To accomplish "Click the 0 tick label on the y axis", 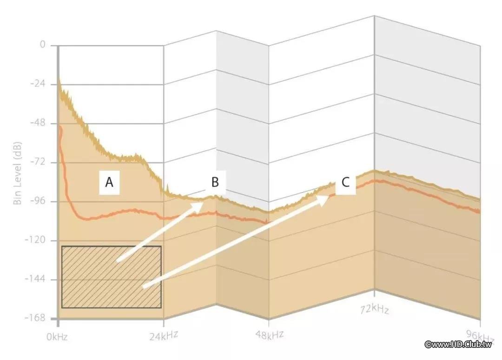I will pyautogui.click(x=43, y=45).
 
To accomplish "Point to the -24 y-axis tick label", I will pyautogui.click(x=40, y=84).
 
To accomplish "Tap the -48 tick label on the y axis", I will pyautogui.click(x=40, y=123).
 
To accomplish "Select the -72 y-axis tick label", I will pyautogui.click(x=40, y=162).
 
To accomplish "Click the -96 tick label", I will pyautogui.click(x=40, y=201).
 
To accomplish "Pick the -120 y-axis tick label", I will pyautogui.click(x=38, y=240).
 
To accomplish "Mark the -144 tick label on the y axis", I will pyautogui.click(x=38, y=280).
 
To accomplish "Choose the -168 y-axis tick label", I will pyautogui.click(x=38, y=318).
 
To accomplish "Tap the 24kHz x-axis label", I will pyautogui.click(x=164, y=334).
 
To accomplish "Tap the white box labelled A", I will pyautogui.click(x=109, y=182).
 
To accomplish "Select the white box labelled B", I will pyautogui.click(x=215, y=182).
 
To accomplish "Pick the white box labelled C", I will pyautogui.click(x=345, y=182).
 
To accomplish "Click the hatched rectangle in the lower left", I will pyautogui.click(x=111, y=277).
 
